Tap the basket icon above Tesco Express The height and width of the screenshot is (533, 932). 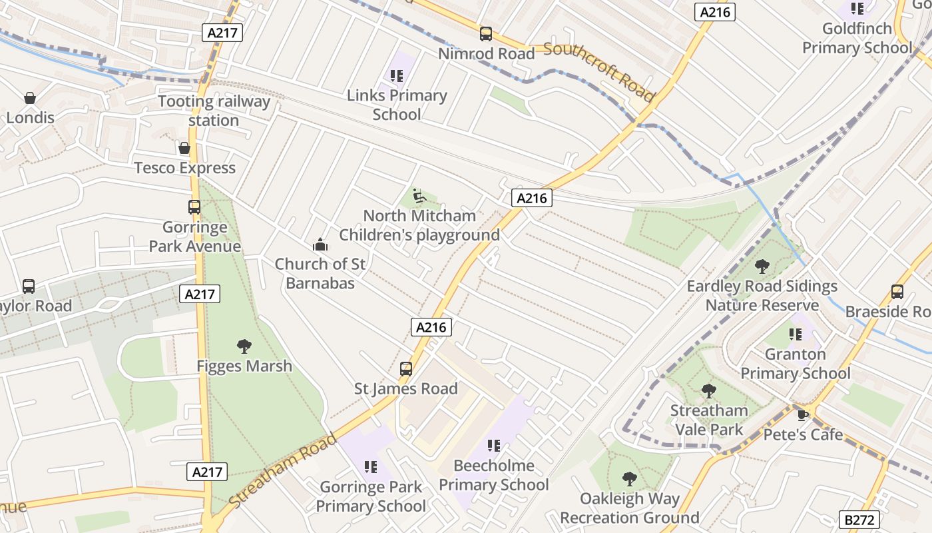click(x=184, y=147)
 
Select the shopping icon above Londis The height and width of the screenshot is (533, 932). click(x=30, y=98)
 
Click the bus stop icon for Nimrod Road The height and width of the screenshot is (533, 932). click(x=486, y=33)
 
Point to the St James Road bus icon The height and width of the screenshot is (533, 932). click(x=405, y=368)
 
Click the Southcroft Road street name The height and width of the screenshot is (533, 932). click(x=599, y=71)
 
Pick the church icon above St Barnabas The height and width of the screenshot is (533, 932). click(x=320, y=245)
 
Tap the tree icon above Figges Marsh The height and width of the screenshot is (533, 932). click(x=244, y=346)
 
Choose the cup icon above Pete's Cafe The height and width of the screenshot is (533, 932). click(x=803, y=415)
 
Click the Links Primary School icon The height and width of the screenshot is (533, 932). click(x=397, y=76)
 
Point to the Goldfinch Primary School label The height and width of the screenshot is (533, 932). click(x=857, y=38)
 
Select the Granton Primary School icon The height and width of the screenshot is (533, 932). click(x=795, y=334)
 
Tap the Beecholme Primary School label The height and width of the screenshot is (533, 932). click(x=494, y=475)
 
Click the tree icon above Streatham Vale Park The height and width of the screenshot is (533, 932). click(x=708, y=390)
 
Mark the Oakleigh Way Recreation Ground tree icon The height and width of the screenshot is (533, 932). click(x=629, y=478)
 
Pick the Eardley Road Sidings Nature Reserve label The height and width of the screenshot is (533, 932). click(x=762, y=296)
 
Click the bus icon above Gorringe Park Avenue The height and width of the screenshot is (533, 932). click(x=194, y=207)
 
